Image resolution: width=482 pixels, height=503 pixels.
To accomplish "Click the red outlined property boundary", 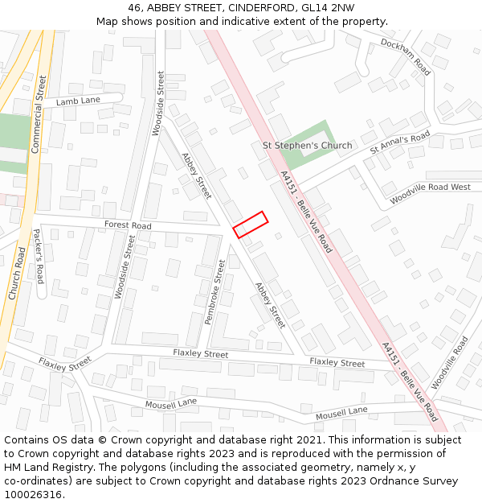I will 250,225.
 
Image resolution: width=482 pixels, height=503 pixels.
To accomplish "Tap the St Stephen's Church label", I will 308,146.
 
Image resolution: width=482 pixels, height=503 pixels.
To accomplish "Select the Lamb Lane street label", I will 78,101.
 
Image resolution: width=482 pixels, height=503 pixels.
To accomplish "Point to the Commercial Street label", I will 39,114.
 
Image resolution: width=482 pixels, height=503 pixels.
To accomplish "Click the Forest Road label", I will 128,226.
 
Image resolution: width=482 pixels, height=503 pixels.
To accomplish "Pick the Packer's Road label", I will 39,257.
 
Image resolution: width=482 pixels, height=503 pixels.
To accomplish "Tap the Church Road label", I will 17,274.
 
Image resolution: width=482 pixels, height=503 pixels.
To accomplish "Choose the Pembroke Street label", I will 214,291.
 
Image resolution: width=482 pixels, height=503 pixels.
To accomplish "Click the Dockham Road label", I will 406,56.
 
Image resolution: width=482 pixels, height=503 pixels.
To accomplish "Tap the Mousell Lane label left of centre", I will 171,403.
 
